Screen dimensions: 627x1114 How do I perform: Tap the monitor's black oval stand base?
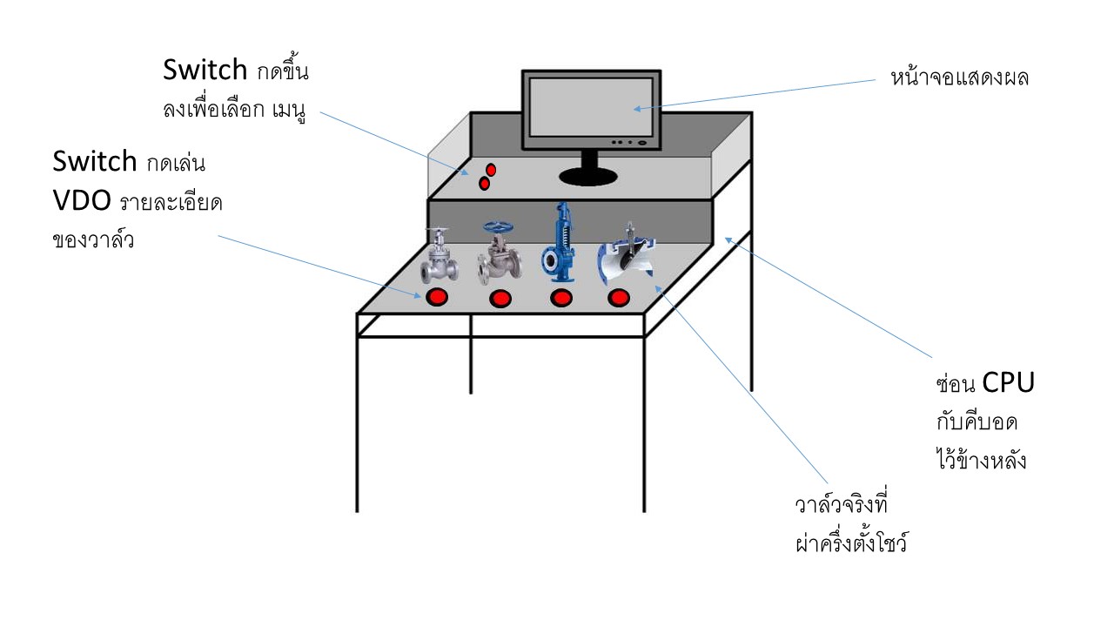pos(588,178)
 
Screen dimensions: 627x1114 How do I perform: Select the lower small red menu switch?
pos(484,183)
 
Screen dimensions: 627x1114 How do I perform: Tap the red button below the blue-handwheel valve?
pos(500,300)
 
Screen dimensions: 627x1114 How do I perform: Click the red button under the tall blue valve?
pos(561,299)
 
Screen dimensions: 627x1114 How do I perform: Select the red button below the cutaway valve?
pos(619,299)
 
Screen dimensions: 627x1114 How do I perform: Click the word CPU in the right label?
pos(1008,382)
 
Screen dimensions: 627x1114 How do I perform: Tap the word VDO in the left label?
pos(82,201)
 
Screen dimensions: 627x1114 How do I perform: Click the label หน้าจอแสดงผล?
pos(960,78)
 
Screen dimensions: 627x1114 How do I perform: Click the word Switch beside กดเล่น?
pos(95,161)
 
